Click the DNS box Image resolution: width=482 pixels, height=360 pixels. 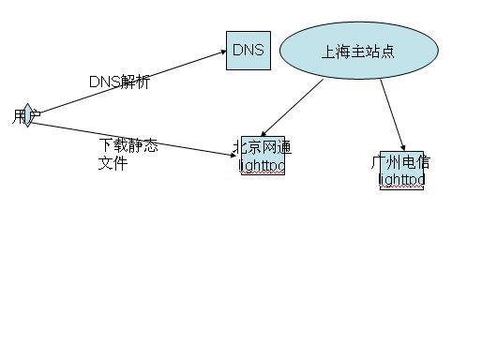click(x=248, y=51)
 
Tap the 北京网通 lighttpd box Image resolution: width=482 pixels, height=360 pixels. click(x=263, y=156)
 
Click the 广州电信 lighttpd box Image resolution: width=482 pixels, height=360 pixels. click(x=401, y=171)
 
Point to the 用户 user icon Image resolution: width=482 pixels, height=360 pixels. click(x=28, y=115)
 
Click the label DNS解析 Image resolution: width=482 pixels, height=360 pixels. click(x=119, y=82)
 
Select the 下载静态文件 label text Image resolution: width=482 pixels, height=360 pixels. click(x=128, y=154)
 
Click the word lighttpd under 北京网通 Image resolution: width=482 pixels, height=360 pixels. click(x=263, y=165)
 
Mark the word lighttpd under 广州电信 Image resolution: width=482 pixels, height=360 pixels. click(x=401, y=179)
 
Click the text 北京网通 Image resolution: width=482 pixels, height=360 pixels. click(x=263, y=147)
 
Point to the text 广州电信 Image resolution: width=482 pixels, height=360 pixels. click(x=401, y=162)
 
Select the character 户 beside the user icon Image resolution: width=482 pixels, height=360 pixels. click(x=35, y=116)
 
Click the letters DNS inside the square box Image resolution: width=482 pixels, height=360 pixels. click(x=248, y=50)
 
